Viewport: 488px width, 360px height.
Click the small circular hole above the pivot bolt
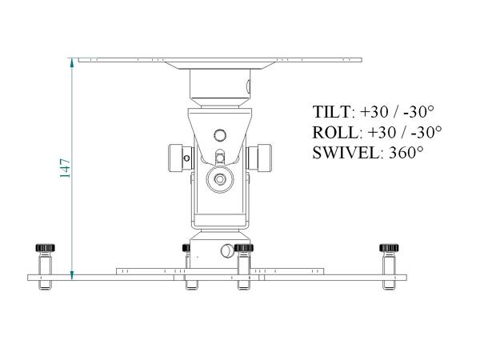(x=219, y=134)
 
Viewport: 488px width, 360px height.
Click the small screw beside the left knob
(x=187, y=158)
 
